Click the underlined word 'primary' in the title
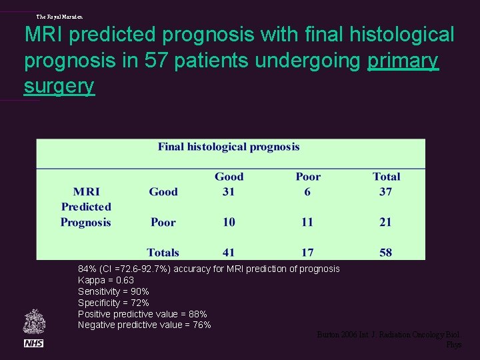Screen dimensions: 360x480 coord(403,61)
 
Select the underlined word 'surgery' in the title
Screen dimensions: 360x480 coord(59,86)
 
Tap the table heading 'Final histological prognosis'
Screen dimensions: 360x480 coord(229,147)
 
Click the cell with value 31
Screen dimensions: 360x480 coord(229,192)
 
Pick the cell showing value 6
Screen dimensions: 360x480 coord(307,192)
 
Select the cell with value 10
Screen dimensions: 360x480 coord(229,222)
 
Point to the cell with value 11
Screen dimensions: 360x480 coord(307,222)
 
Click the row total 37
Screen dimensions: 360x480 coord(385,192)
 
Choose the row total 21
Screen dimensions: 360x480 coord(385,222)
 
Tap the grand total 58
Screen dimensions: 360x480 coord(385,252)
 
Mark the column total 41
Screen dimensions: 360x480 coord(229,252)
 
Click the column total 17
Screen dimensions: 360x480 coord(307,252)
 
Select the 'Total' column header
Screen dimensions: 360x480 coord(386,177)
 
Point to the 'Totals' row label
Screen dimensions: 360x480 coord(163,252)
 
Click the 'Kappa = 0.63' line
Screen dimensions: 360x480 coord(106,280)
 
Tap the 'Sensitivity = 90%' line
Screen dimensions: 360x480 coord(113,291)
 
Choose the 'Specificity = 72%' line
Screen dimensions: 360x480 coord(113,303)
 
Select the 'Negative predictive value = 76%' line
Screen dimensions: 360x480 coord(144,325)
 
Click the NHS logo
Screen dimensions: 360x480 coord(33,343)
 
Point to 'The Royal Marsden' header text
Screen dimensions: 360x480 coord(59,16)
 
